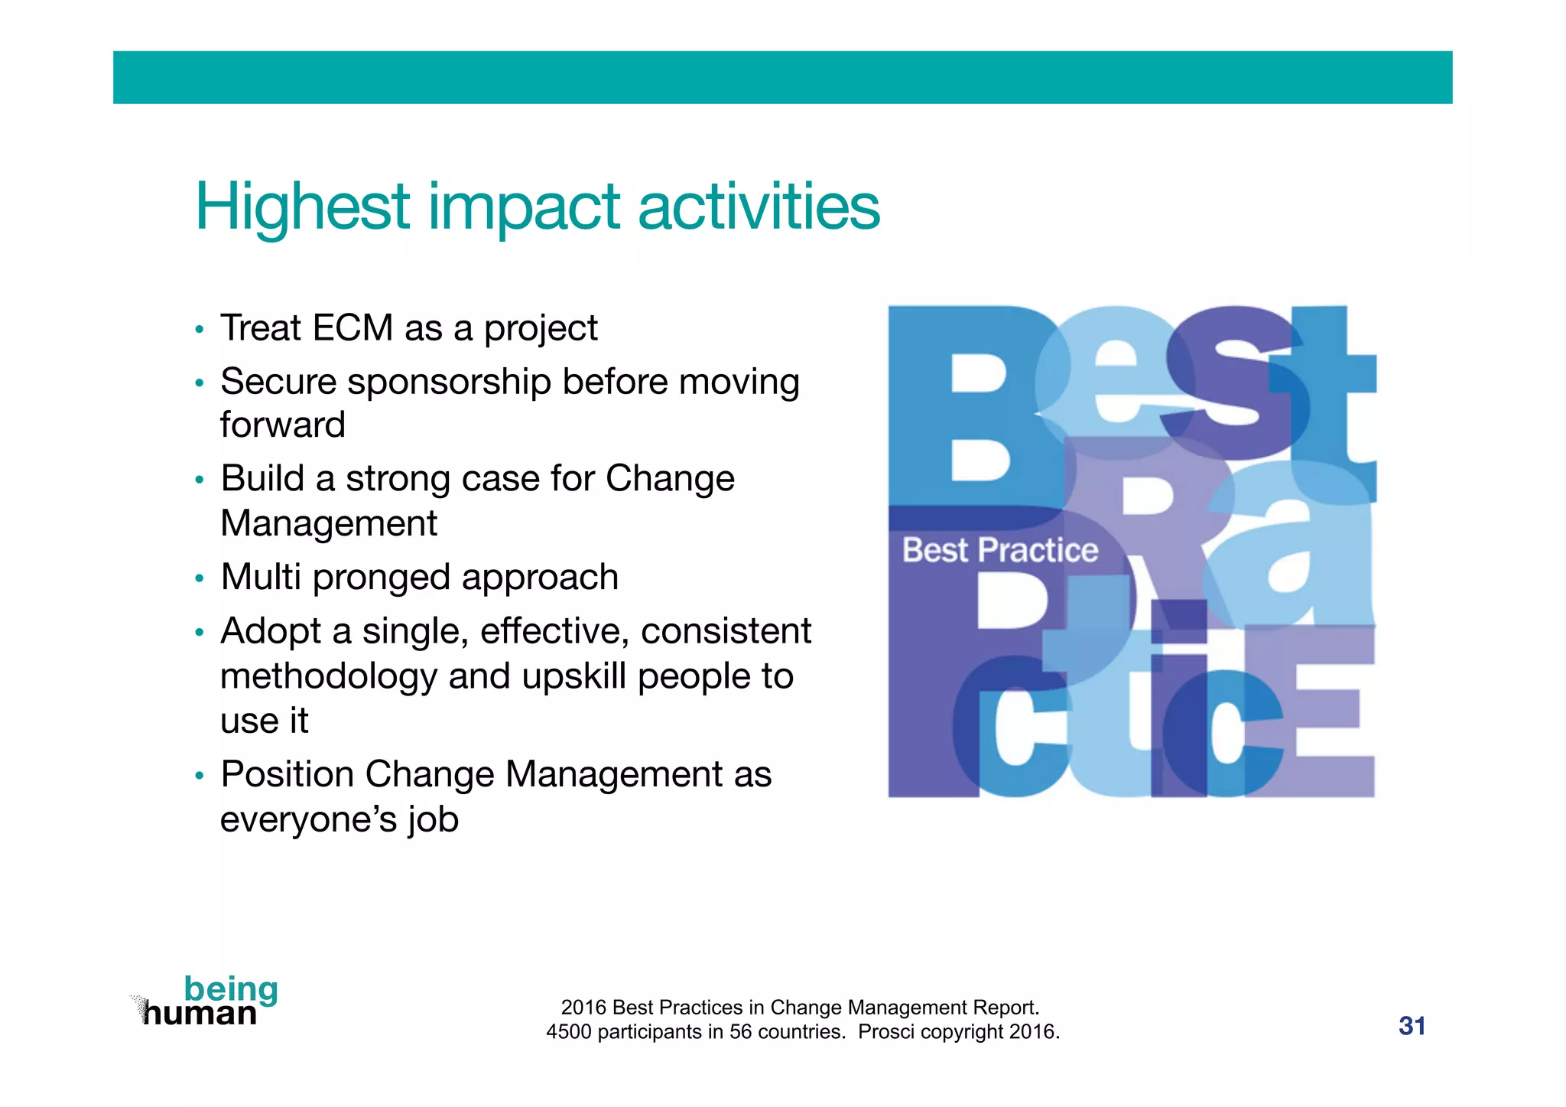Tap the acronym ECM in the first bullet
353,328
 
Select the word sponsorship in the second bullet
449,381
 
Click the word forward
283,425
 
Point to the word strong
398,479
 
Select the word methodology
327,677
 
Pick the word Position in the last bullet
286,774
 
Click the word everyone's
309,820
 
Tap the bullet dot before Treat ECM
200,330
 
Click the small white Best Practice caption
999,550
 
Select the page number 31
1412,1026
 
